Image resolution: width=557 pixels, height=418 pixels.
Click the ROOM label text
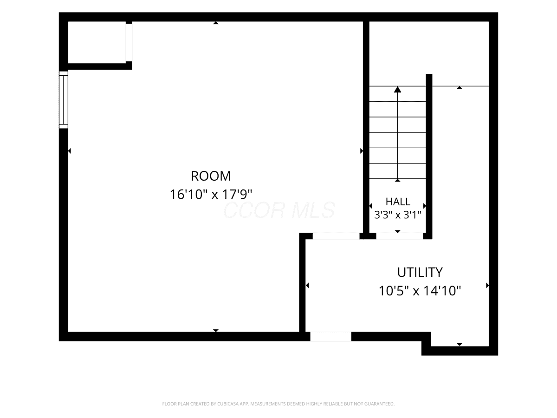tap(211, 176)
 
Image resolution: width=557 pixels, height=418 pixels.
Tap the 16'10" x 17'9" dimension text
tap(211, 195)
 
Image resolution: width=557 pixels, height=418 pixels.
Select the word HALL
tap(398, 202)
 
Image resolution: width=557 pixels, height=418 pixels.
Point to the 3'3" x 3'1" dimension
tap(398, 215)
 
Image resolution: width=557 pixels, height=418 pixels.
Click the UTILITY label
tap(420, 272)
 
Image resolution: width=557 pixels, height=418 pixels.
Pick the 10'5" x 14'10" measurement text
tap(420, 291)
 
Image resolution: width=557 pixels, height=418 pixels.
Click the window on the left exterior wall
tap(64, 100)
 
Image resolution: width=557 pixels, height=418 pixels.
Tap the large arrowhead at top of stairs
tap(397, 89)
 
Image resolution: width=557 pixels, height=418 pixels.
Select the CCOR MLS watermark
tap(279, 210)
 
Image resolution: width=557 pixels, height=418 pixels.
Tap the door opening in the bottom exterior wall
tap(330, 337)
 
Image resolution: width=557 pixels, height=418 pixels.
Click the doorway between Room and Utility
tap(336, 236)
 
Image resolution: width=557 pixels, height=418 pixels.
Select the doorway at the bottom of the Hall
tap(400, 236)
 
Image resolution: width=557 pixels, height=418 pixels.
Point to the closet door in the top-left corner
tap(129, 42)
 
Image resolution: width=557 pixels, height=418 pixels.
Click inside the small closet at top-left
tap(97, 42)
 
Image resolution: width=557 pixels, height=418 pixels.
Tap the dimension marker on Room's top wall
tap(216, 23)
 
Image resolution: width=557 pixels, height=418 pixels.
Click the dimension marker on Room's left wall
tap(70, 151)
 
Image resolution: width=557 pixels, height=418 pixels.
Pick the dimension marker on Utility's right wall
tap(487, 286)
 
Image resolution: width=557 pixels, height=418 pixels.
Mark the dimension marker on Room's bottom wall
tap(216, 330)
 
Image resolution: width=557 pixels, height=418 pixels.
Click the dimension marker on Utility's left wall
tap(307, 286)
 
